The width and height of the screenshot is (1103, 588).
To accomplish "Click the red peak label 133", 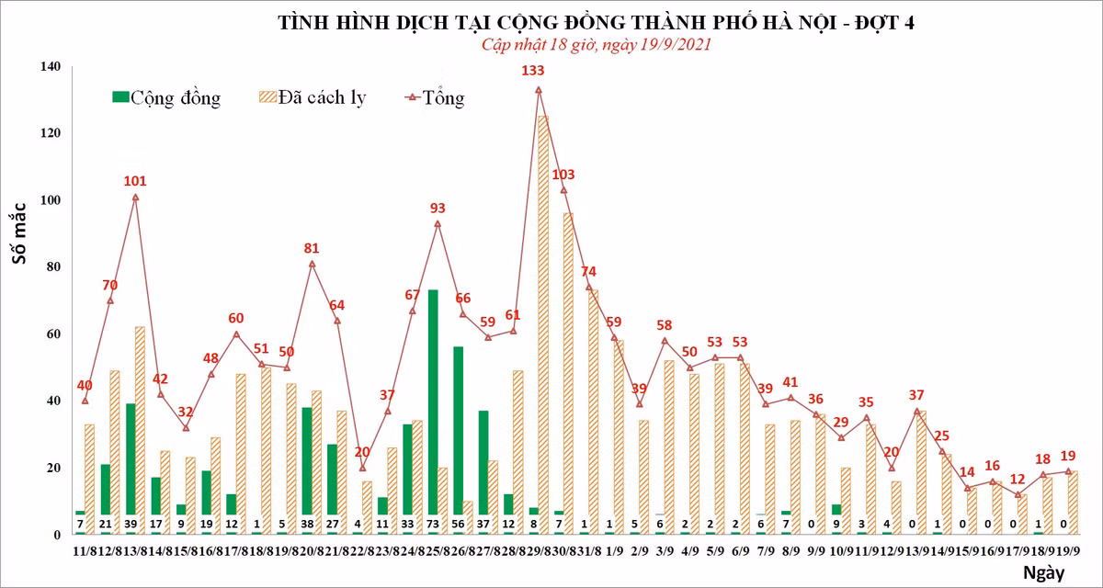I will point(533,71).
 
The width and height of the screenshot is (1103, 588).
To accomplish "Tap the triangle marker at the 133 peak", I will point(538,90).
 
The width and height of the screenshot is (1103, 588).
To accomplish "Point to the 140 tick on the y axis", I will point(50,67).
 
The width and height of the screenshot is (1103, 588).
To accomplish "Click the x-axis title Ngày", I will point(1042,574).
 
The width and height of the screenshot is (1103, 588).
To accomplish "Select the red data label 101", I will point(135,181).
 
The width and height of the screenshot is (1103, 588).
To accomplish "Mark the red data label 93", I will point(438,209).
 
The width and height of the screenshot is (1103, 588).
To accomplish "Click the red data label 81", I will point(312,248).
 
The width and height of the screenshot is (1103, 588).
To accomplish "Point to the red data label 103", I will point(563,175).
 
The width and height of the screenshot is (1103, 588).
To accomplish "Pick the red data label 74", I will point(588,271).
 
